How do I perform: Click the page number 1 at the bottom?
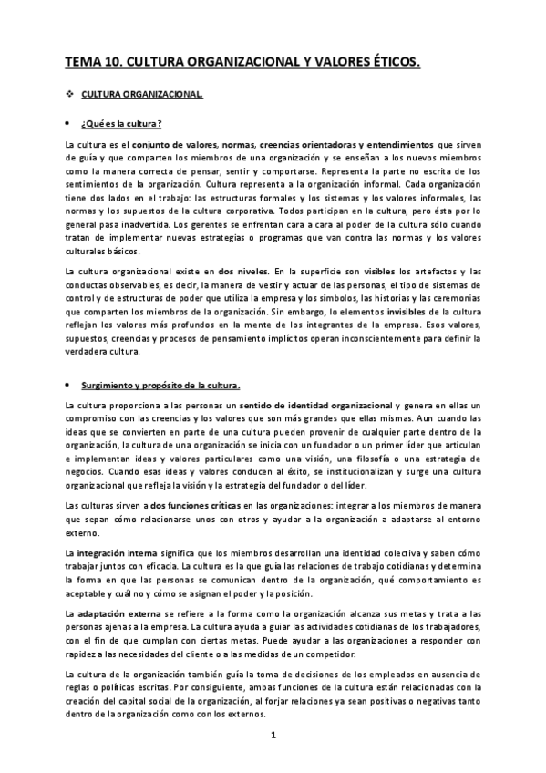273,734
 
